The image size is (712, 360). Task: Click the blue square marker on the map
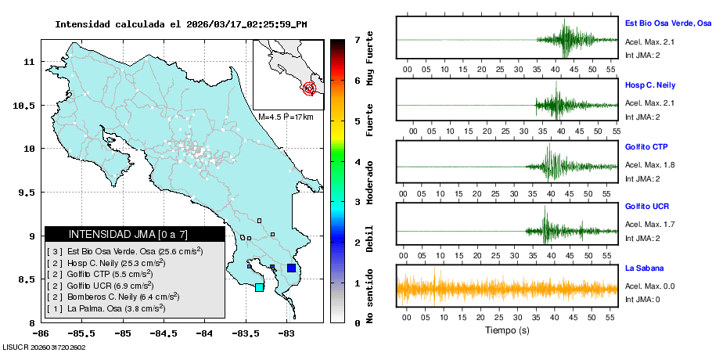pyautogui.click(x=291, y=268)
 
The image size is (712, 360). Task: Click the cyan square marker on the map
pyautogui.click(x=259, y=287)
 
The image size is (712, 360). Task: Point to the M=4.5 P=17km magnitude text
pyautogui.click(x=286, y=117)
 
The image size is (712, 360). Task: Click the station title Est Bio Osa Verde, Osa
pyautogui.click(x=667, y=23)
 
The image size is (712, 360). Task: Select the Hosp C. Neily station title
pyautogui.click(x=650, y=85)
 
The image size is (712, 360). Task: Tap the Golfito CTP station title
pyautogui.click(x=646, y=146)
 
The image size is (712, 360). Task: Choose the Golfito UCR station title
pyautogui.click(x=647, y=207)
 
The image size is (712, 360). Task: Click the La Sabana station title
pyautogui.click(x=644, y=268)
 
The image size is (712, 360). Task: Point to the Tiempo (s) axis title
pyautogui.click(x=506, y=329)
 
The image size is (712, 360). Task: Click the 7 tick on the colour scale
pyautogui.click(x=357, y=39)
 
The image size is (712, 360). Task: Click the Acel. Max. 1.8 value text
pyautogui.click(x=649, y=165)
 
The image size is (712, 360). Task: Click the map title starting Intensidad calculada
pyautogui.click(x=181, y=24)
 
